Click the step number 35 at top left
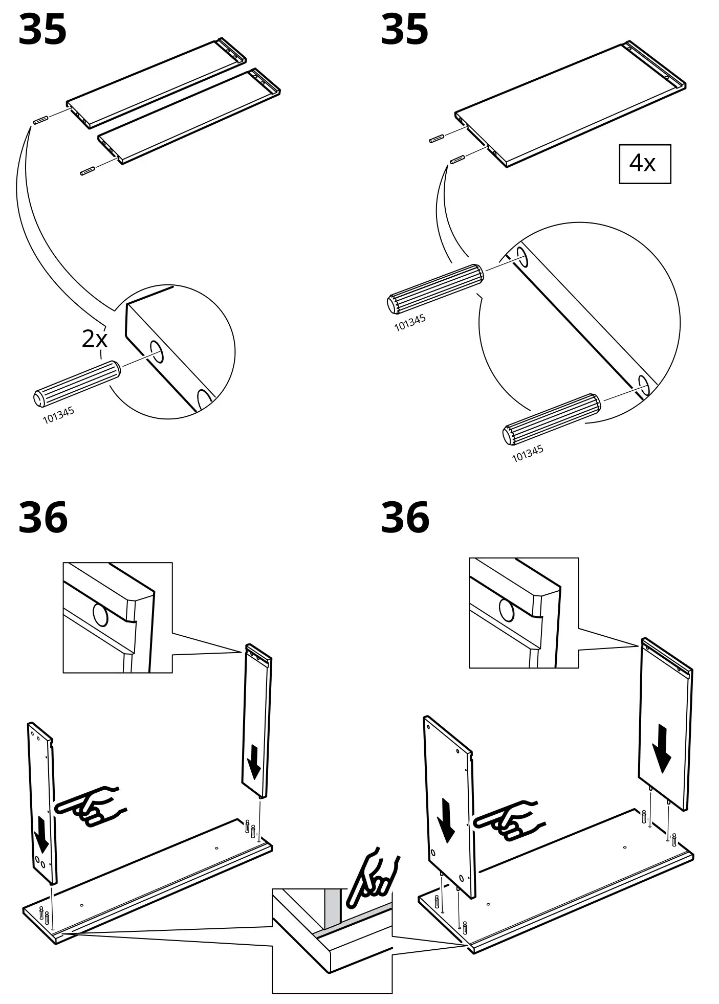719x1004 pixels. pos(42,30)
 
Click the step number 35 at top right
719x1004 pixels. pos(404,30)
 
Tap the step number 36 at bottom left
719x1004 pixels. pos(42,518)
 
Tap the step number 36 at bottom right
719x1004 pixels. pos(404,518)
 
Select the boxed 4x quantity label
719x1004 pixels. pos(644,164)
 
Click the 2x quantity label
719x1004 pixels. pos(95,339)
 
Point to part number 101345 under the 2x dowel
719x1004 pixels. pos(58,415)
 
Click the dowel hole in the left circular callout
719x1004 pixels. pos(157,351)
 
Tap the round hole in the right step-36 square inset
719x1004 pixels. pos(507,610)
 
